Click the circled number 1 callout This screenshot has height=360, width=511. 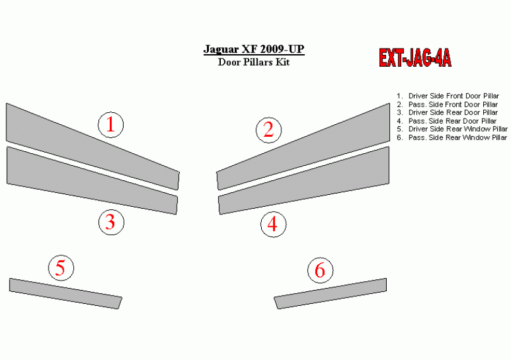tap(111, 125)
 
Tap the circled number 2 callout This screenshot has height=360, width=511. tap(269, 130)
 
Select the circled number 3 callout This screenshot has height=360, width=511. tap(111, 222)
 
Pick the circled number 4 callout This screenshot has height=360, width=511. tap(273, 224)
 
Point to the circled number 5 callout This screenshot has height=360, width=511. tap(61, 268)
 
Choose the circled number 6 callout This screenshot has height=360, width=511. tap(320, 270)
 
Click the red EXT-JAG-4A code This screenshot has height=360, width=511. tap(415, 58)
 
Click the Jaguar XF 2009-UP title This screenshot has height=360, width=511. tap(254, 49)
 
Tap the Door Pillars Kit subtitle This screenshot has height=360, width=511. tap(254, 62)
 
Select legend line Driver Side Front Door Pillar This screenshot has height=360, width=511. tap(448, 96)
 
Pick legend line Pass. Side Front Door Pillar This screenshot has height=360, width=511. tap(447, 105)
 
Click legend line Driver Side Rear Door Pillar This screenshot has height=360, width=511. tap(447, 112)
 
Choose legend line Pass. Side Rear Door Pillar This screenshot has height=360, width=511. tap(447, 121)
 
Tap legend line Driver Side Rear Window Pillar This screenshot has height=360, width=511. tap(452, 129)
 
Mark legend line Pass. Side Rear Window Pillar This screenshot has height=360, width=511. tap(452, 137)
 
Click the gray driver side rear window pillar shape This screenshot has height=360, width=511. tap(65, 293)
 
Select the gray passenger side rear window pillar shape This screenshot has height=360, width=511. tap(331, 293)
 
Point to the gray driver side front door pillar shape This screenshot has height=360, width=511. tap(92, 147)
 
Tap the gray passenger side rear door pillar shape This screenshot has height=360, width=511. tap(303, 181)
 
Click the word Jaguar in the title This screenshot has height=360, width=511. tap(221, 50)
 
